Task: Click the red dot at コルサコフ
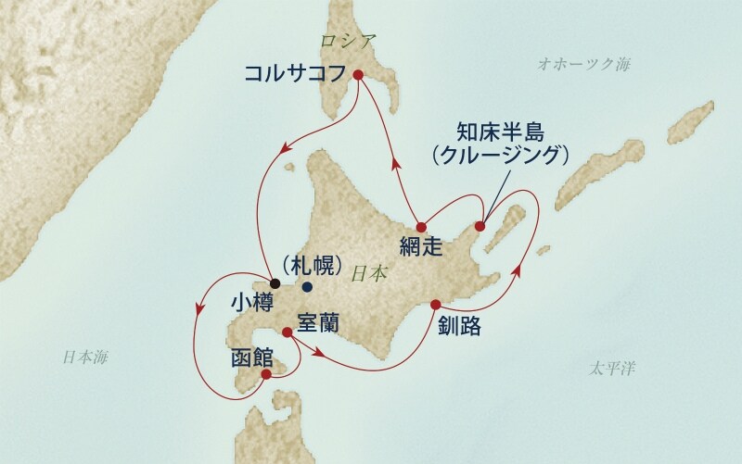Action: point(357,76)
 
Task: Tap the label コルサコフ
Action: point(294,73)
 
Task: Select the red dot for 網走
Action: point(421,226)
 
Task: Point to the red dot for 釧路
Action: point(435,305)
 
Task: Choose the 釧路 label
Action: point(461,326)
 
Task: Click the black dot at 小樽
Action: point(275,282)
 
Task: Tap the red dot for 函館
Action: point(266,374)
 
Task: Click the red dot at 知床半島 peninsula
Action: point(480,226)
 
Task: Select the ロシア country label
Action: point(345,41)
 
